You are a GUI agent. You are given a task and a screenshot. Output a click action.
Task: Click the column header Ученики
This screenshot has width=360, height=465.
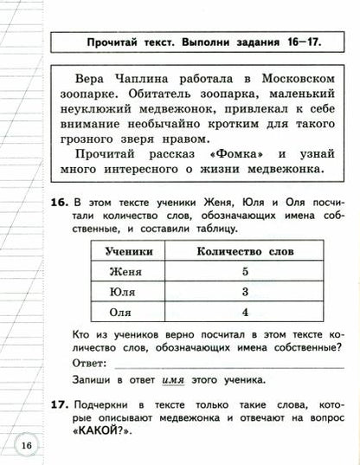(129, 251)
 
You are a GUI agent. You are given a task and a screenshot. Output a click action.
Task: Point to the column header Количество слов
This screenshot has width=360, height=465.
(245, 251)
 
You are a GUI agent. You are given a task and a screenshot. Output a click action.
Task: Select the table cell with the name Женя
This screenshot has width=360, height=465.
(129, 271)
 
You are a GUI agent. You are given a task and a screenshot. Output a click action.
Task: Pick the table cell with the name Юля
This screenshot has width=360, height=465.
(128, 292)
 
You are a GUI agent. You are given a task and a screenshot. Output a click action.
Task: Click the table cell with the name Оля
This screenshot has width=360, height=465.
(128, 312)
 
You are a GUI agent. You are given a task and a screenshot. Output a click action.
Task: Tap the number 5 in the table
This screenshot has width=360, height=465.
(245, 271)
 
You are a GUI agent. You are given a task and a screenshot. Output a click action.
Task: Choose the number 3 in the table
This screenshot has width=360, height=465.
(245, 292)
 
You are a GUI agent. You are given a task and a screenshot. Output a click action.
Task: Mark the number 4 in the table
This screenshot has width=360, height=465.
(245, 312)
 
